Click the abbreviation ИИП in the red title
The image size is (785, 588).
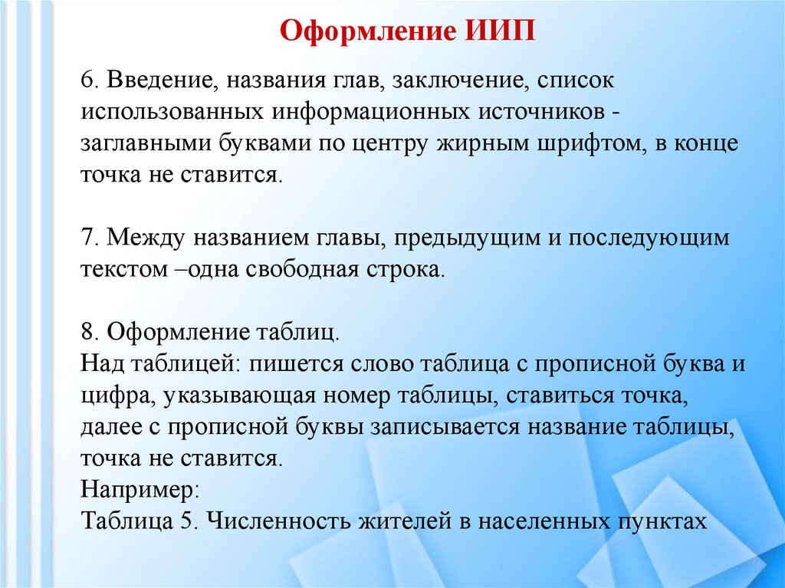tap(499, 34)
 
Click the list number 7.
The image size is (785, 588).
tap(87, 238)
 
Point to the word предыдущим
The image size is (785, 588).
tap(471, 238)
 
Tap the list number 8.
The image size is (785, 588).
tap(87, 333)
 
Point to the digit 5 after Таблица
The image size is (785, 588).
tap(187, 521)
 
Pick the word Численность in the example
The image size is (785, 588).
tap(277, 521)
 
